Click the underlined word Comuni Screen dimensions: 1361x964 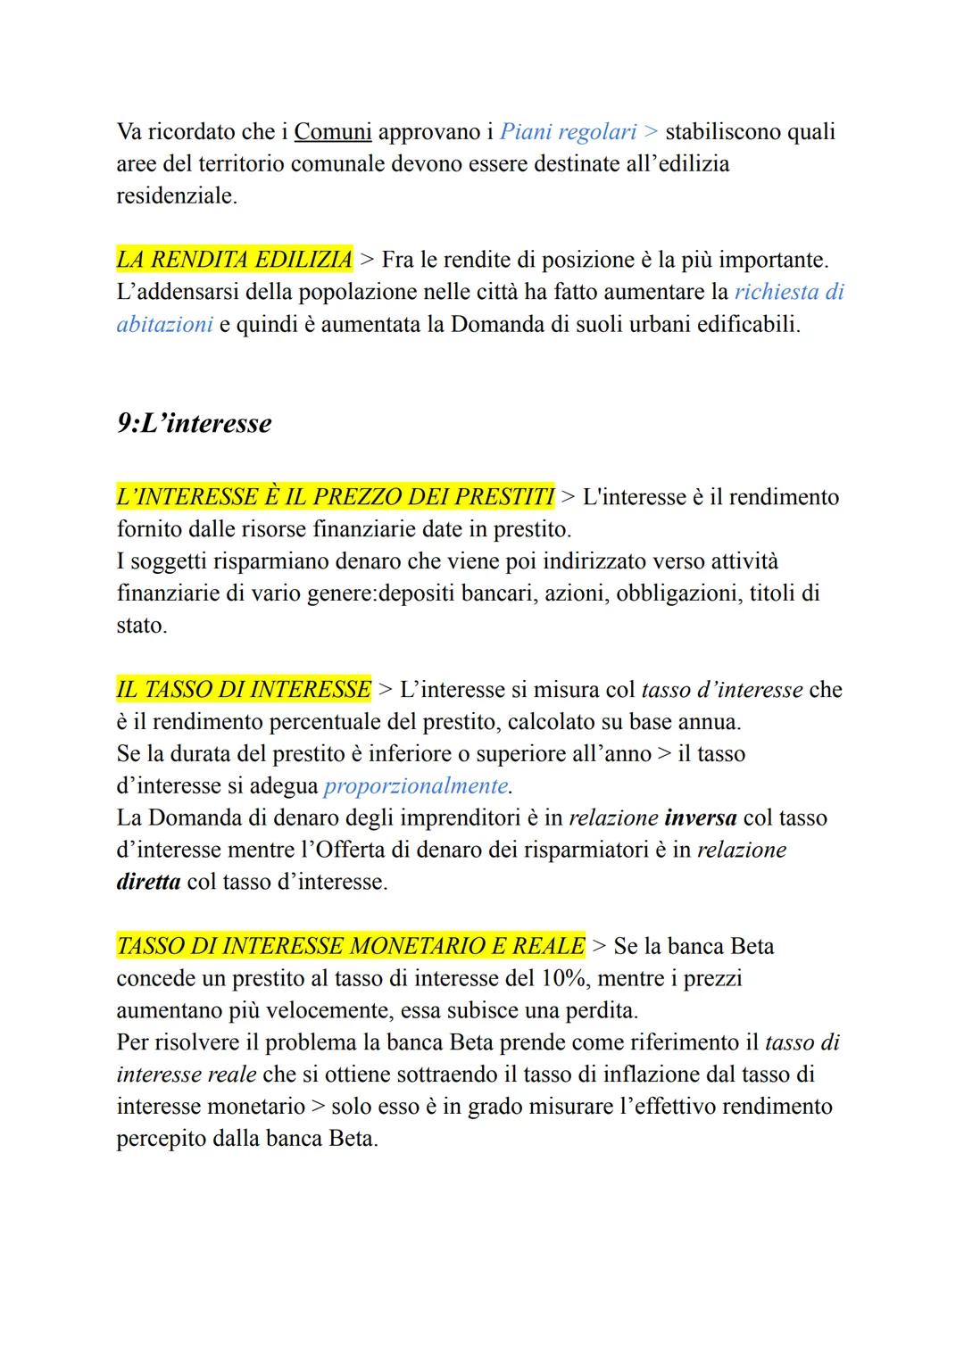[x=332, y=132]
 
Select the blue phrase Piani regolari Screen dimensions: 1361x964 [x=568, y=132]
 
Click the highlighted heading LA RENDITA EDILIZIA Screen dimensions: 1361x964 [x=234, y=260]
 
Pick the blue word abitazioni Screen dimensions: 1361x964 [x=164, y=324]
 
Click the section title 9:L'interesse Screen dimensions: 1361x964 [x=194, y=423]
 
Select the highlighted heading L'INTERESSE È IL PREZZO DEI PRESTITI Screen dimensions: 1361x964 [x=335, y=497]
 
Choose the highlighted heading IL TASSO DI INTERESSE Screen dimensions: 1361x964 [x=243, y=690]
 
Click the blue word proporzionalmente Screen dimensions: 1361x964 [x=416, y=786]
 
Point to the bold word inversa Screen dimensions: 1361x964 [x=701, y=818]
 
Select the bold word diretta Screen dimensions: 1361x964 [x=148, y=883]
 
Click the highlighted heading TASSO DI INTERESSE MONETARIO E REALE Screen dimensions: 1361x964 [x=351, y=946]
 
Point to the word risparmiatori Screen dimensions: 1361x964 [x=577, y=851]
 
